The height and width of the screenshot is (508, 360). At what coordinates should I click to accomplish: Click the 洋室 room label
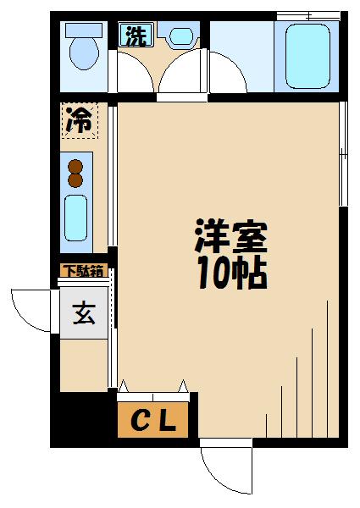coord(231,238)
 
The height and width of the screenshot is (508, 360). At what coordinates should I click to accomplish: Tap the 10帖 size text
coord(231,274)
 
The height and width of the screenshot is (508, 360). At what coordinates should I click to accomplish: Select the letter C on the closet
coord(141,422)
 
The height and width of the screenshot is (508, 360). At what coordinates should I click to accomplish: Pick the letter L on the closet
coord(167,422)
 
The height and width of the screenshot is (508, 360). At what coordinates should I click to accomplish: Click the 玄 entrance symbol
coord(83,315)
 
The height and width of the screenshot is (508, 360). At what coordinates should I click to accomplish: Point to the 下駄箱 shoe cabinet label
coord(83,272)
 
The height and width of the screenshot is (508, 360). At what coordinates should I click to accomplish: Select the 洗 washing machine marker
coord(134,36)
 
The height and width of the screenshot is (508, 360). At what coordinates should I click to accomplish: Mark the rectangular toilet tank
coord(84,28)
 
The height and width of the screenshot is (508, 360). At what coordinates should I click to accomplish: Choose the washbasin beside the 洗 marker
coord(181,36)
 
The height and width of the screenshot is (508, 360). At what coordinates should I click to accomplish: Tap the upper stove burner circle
coord(75,166)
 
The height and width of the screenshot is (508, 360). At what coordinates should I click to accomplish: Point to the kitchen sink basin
coord(76,217)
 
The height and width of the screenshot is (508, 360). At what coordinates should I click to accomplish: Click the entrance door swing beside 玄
coord(34,310)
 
